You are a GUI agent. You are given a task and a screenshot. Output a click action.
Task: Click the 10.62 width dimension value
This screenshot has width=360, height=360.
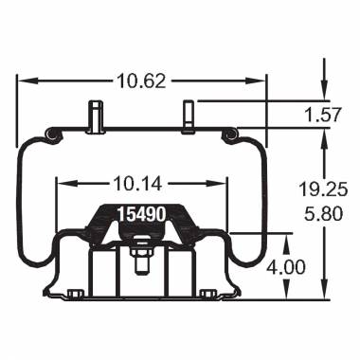(140, 81)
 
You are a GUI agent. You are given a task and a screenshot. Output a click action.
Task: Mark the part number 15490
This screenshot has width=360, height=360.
(141, 215)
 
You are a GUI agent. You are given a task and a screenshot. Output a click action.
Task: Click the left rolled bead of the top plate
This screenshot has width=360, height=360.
(54, 138)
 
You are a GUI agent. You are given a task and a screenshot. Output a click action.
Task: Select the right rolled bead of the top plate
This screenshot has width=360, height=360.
(228, 138)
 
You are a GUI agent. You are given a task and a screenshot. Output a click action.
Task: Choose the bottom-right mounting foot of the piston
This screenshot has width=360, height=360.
(206, 294)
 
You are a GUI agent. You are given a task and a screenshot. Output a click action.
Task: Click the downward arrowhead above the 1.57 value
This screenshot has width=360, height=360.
(325, 97)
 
